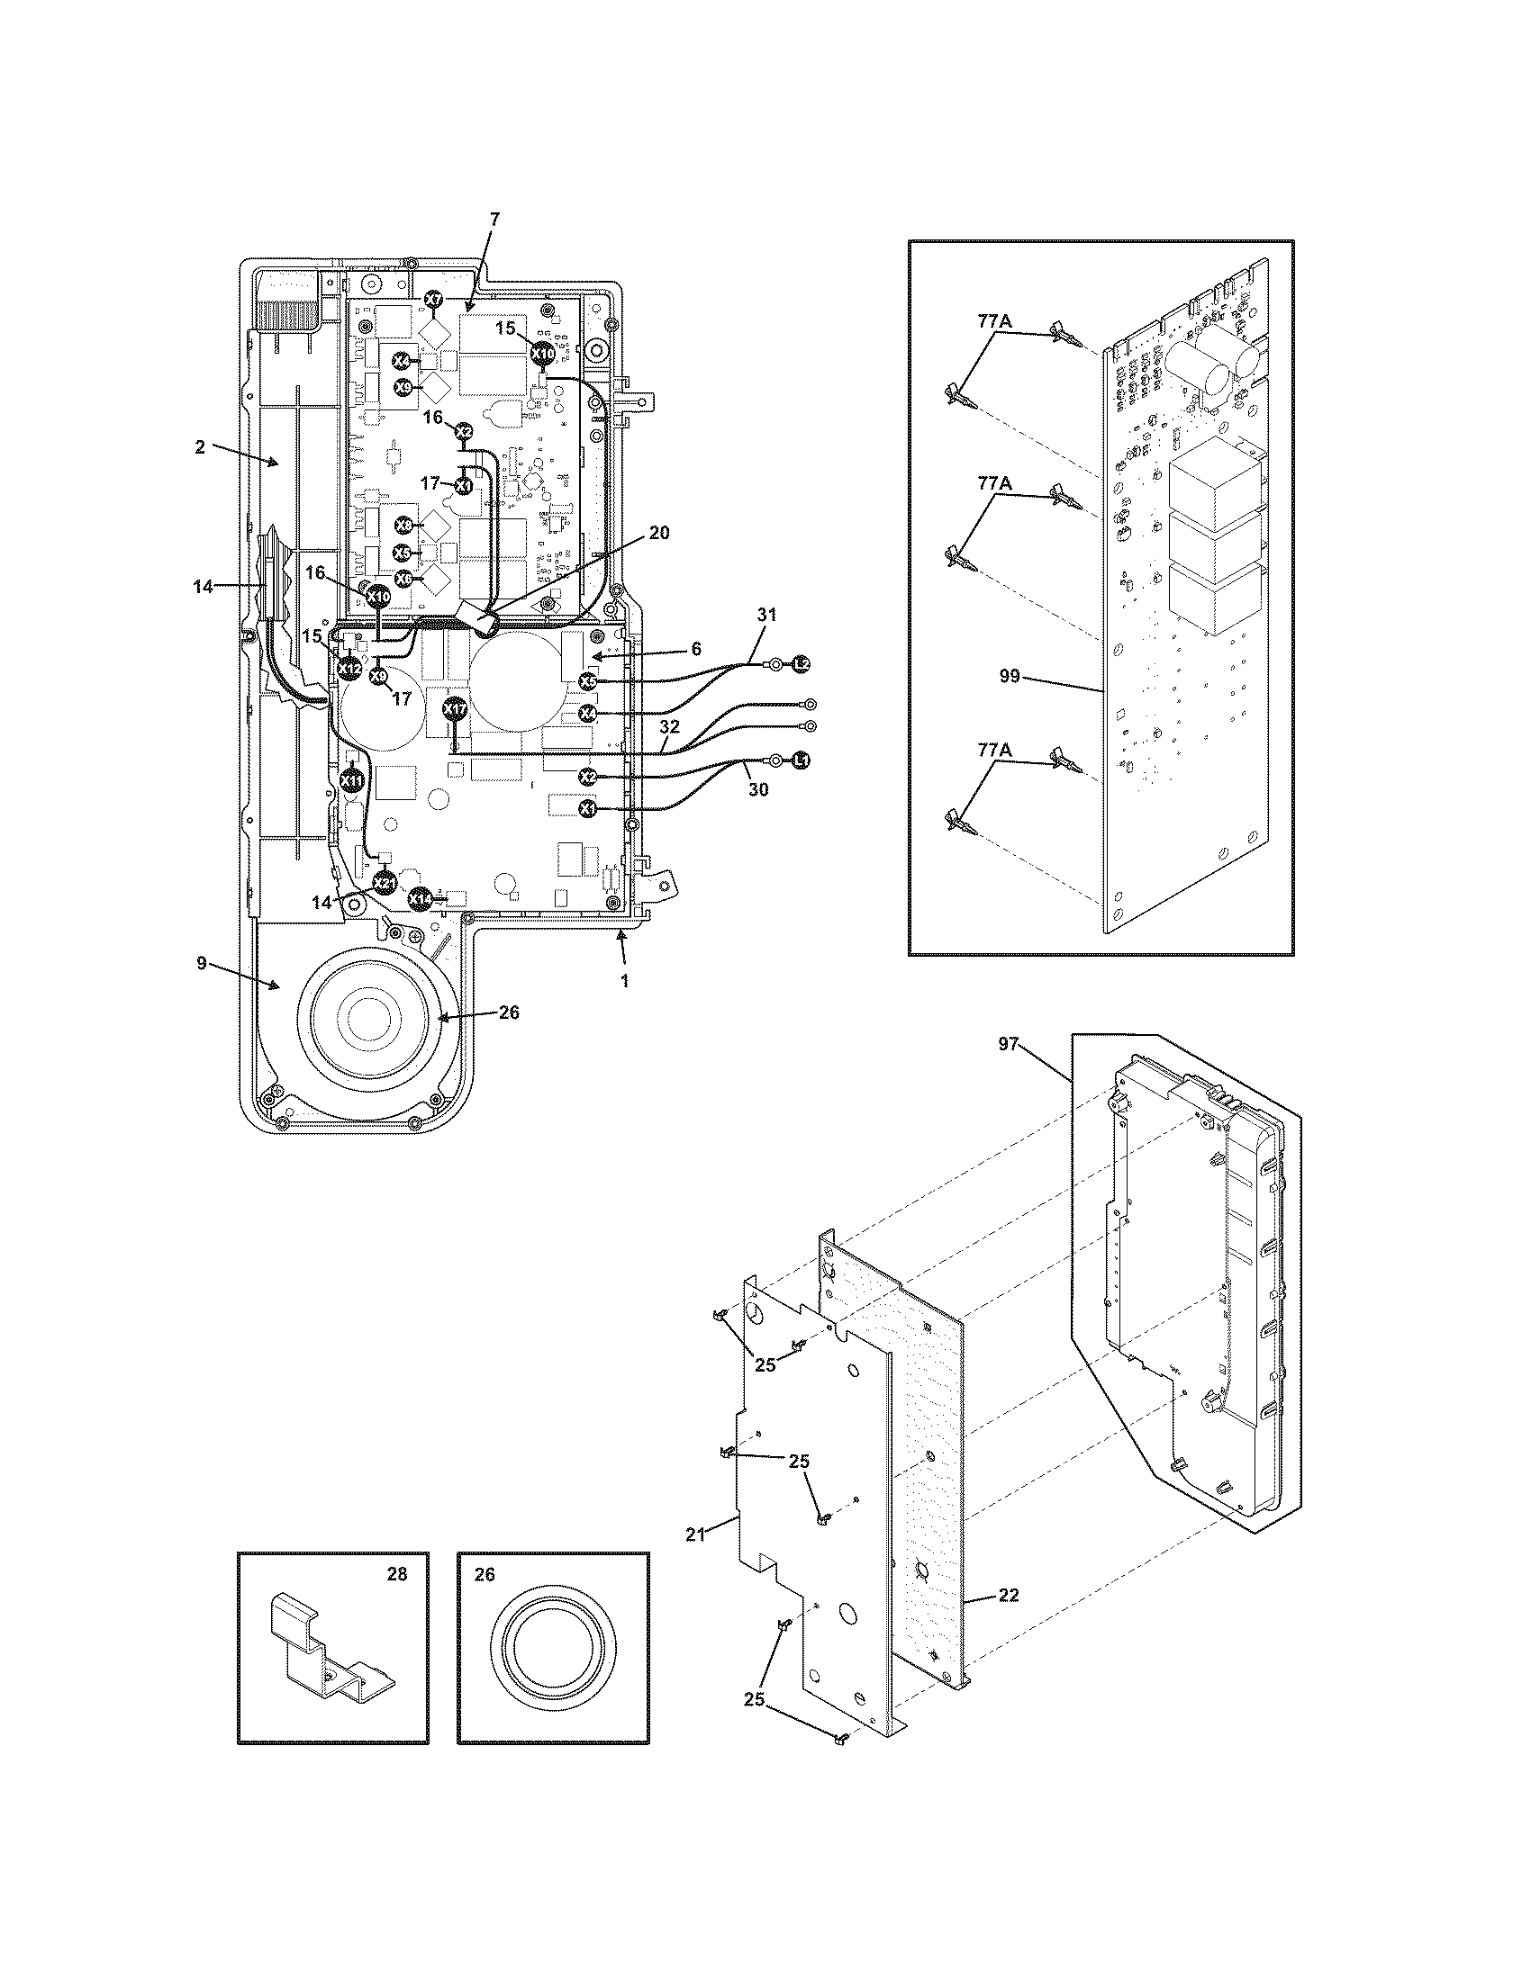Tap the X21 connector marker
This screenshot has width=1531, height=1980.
click(385, 882)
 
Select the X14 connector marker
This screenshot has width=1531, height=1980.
click(419, 897)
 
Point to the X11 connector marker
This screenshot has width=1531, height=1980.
click(352, 779)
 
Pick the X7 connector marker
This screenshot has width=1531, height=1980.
click(434, 299)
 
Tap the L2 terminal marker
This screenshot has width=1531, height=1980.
click(801, 664)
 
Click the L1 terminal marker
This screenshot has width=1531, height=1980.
click(801, 760)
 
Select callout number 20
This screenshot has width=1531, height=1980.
click(659, 533)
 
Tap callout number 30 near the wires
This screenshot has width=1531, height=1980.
click(758, 789)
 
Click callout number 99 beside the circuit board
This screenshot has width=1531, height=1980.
click(1010, 677)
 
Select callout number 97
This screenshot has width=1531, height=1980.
click(1009, 1045)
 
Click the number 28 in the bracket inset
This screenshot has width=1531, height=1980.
click(396, 1575)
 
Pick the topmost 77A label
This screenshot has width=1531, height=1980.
click(995, 320)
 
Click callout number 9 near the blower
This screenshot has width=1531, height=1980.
click(202, 963)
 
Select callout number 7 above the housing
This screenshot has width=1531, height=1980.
click(494, 219)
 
